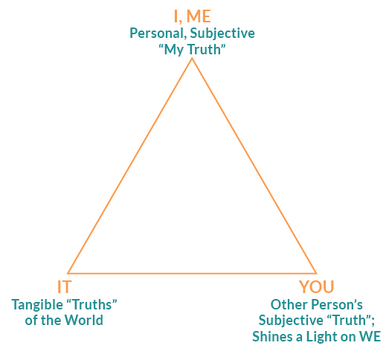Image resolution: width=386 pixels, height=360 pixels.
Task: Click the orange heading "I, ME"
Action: click(x=192, y=16)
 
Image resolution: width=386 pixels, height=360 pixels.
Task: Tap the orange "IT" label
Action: click(x=64, y=286)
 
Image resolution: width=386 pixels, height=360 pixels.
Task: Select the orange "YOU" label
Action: click(x=317, y=286)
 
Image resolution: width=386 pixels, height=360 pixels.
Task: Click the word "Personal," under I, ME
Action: click(x=158, y=33)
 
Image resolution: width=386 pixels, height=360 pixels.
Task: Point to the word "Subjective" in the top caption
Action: click(x=222, y=33)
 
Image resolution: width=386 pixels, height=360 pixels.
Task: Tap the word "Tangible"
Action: click(x=37, y=305)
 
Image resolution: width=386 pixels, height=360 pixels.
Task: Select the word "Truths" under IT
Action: click(x=91, y=305)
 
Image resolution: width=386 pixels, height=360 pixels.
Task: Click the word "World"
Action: click(x=84, y=320)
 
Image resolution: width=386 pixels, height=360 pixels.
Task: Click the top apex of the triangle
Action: click(x=192, y=59)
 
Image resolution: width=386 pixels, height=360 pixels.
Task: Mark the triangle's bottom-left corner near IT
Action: click(x=68, y=273)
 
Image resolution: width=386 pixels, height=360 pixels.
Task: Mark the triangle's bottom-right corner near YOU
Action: click(x=316, y=273)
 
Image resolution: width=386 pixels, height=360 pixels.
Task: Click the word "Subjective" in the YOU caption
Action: click(x=291, y=321)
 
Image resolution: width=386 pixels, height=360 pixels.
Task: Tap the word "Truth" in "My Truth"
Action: click(x=205, y=49)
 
